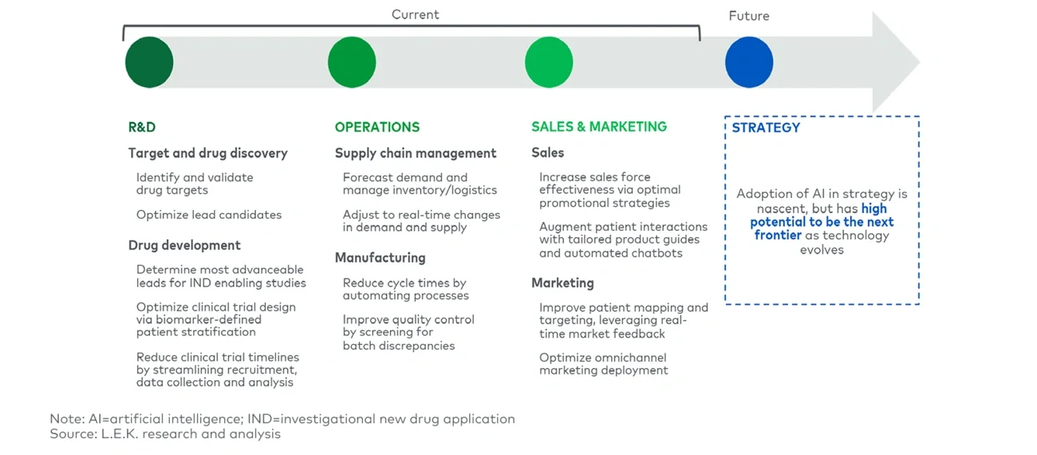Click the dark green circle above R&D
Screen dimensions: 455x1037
tap(149, 62)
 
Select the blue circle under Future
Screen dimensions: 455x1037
tap(749, 62)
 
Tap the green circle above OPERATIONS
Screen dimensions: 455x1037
tap(352, 62)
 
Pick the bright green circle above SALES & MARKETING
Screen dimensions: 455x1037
tap(549, 62)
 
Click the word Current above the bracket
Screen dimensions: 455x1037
tap(415, 14)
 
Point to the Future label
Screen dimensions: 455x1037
tap(749, 16)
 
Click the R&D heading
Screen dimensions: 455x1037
tap(142, 127)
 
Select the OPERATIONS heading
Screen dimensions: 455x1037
tap(377, 127)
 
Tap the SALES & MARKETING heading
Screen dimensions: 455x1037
tap(599, 126)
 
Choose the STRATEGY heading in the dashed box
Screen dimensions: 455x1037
tap(766, 127)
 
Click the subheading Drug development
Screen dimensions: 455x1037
tap(184, 245)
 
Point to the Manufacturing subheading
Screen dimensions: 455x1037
tap(380, 258)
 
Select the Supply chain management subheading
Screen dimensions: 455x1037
tap(416, 153)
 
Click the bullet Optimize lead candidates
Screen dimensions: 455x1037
tap(209, 215)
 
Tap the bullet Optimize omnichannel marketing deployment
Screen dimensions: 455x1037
tap(604, 364)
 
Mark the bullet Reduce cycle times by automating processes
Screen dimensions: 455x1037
tap(406, 289)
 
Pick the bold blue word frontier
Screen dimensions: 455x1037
tap(778, 235)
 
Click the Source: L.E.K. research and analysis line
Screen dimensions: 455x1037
tap(165, 434)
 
